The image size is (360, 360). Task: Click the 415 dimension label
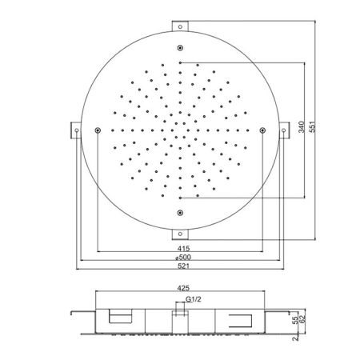[183, 248]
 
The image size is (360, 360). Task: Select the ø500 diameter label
[183, 257]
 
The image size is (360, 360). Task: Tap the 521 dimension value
[183, 266]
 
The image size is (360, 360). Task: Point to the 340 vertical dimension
[302, 127]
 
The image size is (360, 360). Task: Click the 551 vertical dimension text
[312, 127]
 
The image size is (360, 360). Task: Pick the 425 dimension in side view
[183, 288]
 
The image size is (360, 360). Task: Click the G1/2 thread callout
[194, 299]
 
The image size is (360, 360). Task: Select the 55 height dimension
[295, 321]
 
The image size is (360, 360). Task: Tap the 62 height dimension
[302, 319]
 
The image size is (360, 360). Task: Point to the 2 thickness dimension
[295, 338]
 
